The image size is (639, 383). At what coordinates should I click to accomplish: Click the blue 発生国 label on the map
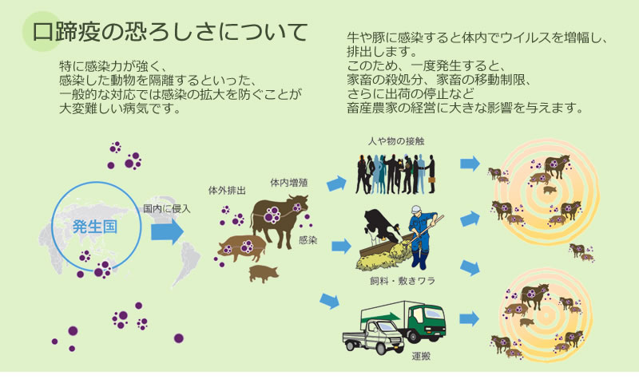tap(94, 227)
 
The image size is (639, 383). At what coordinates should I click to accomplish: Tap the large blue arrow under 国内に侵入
tap(167, 231)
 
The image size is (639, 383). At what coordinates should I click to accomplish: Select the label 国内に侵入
tap(167, 209)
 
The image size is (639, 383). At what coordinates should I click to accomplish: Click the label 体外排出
tap(227, 190)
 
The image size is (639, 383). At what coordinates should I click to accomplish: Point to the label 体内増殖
tap(289, 183)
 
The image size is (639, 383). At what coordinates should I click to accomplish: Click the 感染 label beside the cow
tap(308, 240)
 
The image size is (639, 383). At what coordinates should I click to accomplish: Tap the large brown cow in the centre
tap(279, 219)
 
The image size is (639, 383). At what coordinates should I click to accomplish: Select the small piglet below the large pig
tap(264, 274)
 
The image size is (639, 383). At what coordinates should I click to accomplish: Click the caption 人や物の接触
tap(396, 141)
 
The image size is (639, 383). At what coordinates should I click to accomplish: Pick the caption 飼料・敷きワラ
tap(403, 280)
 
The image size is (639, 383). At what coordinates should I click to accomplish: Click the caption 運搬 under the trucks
tap(421, 357)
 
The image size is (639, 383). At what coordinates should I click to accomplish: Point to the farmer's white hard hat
tap(416, 210)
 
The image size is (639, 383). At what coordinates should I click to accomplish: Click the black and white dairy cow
tap(381, 227)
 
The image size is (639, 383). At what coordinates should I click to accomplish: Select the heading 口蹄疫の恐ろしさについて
tap(170, 32)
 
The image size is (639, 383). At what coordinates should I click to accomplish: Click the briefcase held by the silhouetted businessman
tap(431, 179)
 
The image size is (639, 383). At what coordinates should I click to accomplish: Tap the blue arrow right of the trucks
tap(469, 318)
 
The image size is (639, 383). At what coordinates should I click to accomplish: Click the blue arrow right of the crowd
tap(470, 164)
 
